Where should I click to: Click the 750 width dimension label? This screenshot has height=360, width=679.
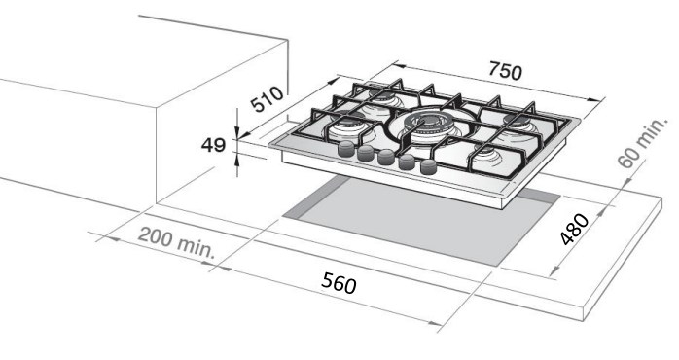point(505,71)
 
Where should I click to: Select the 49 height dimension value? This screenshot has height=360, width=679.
point(213,145)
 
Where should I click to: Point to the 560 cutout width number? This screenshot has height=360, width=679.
point(339,283)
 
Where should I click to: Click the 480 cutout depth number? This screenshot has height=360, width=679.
point(574,229)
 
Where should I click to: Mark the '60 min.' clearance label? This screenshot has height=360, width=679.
point(643,142)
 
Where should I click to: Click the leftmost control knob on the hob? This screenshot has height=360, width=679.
point(345,149)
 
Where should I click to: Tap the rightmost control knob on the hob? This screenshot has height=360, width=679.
point(429,166)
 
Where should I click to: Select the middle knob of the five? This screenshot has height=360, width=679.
point(386,157)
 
